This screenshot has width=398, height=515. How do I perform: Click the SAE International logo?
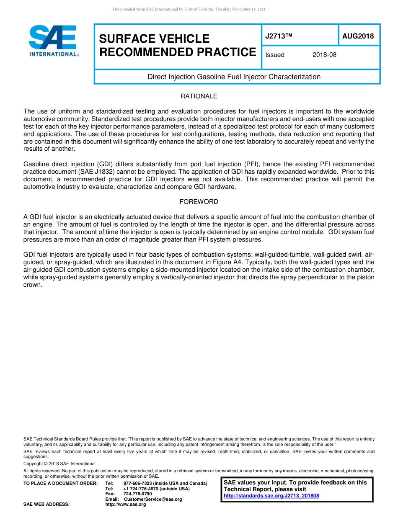(54, 41)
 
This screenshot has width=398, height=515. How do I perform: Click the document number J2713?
(278, 36)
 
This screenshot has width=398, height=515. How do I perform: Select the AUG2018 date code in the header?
(358, 36)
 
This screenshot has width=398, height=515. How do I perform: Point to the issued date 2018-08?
(324, 55)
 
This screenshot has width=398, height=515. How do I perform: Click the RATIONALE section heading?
(199, 96)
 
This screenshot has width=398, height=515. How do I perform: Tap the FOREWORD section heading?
(199, 202)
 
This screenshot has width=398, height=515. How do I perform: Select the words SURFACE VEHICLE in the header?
(154, 39)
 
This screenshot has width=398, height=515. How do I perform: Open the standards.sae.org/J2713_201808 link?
(271, 496)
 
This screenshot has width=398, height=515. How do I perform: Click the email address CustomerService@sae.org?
(153, 499)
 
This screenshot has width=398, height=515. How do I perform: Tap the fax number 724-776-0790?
(137, 494)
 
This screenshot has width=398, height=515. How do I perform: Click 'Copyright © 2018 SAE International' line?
(59, 463)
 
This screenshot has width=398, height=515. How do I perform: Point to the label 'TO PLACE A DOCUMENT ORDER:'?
(60, 484)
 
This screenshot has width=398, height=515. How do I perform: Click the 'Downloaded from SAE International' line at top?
(189, 9)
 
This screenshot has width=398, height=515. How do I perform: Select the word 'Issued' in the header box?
(275, 55)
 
